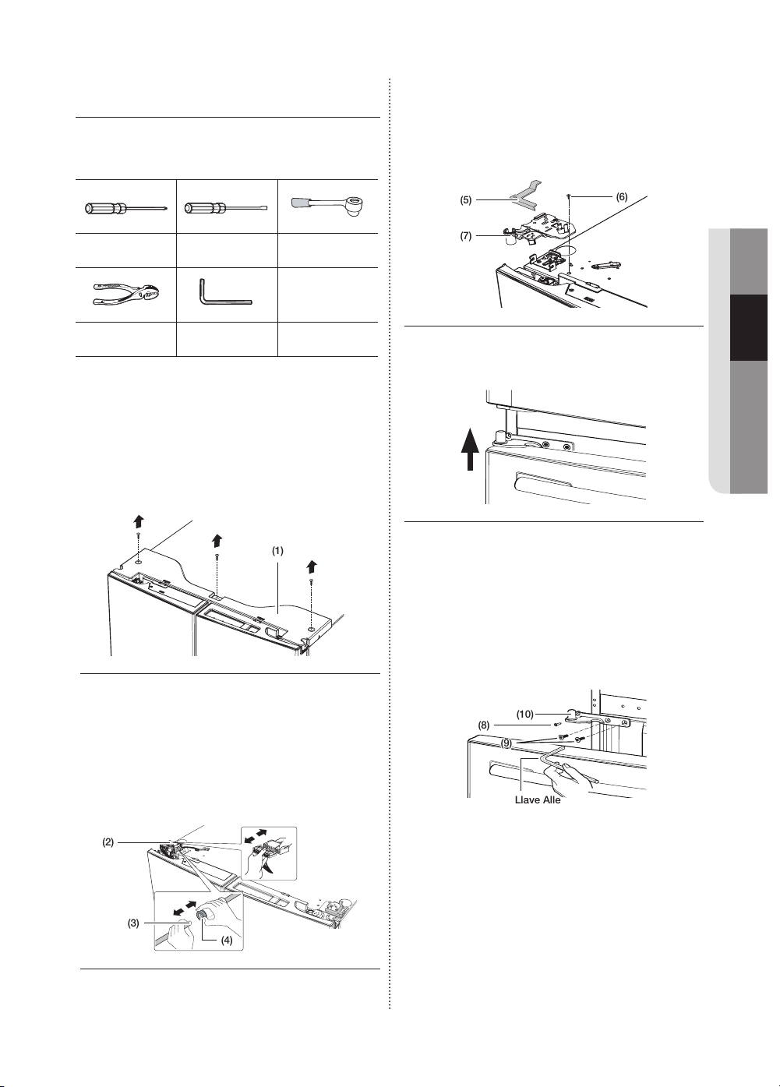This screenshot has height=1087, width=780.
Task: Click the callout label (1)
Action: tap(277, 551)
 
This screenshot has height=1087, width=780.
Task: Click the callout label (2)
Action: tap(108, 842)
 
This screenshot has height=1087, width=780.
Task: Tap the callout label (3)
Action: tap(133, 923)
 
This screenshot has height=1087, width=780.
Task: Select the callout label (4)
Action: tap(227, 954)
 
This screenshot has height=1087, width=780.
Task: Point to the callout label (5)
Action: tap(466, 200)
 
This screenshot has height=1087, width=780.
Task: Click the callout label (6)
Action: tap(621, 196)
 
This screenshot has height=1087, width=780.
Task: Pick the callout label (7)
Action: tap(466, 236)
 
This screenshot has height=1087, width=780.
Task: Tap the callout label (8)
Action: tap(484, 725)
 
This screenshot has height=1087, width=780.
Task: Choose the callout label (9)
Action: tap(506, 743)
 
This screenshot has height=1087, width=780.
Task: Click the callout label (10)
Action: tap(524, 714)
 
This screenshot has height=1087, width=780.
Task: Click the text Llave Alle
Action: tap(538, 800)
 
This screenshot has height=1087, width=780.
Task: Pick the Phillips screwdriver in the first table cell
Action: tap(126, 209)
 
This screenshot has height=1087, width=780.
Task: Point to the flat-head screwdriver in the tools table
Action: tap(227, 209)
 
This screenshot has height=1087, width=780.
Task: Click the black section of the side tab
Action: tap(749, 327)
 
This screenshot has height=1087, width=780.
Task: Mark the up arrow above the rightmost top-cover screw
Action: tap(312, 566)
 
